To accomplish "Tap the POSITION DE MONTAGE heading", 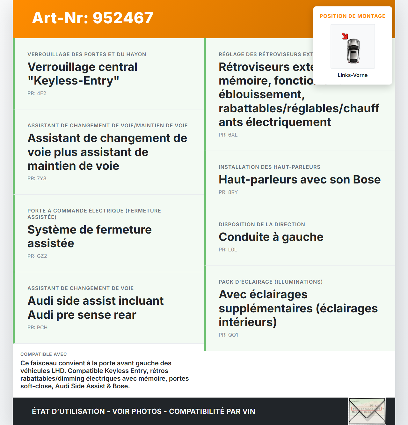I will (352, 16).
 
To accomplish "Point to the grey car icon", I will (353, 51).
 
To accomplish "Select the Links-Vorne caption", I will (353, 75).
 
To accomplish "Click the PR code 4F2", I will (41, 93).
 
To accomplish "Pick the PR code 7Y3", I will (41, 178).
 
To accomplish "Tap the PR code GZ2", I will (42, 256).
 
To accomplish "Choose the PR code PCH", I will (42, 327).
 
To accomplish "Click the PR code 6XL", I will (233, 135).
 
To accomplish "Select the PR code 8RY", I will (233, 192).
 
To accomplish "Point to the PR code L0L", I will (232, 250).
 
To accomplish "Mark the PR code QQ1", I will (233, 335).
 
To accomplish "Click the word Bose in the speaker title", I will (367, 180).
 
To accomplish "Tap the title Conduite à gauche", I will (271, 237).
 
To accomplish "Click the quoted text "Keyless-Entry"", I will (73, 81).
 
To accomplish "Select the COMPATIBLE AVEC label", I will (44, 354).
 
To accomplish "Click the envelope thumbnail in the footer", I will (367, 411).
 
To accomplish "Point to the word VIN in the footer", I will (249, 411).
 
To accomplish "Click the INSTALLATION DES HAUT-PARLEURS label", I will (269, 167).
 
